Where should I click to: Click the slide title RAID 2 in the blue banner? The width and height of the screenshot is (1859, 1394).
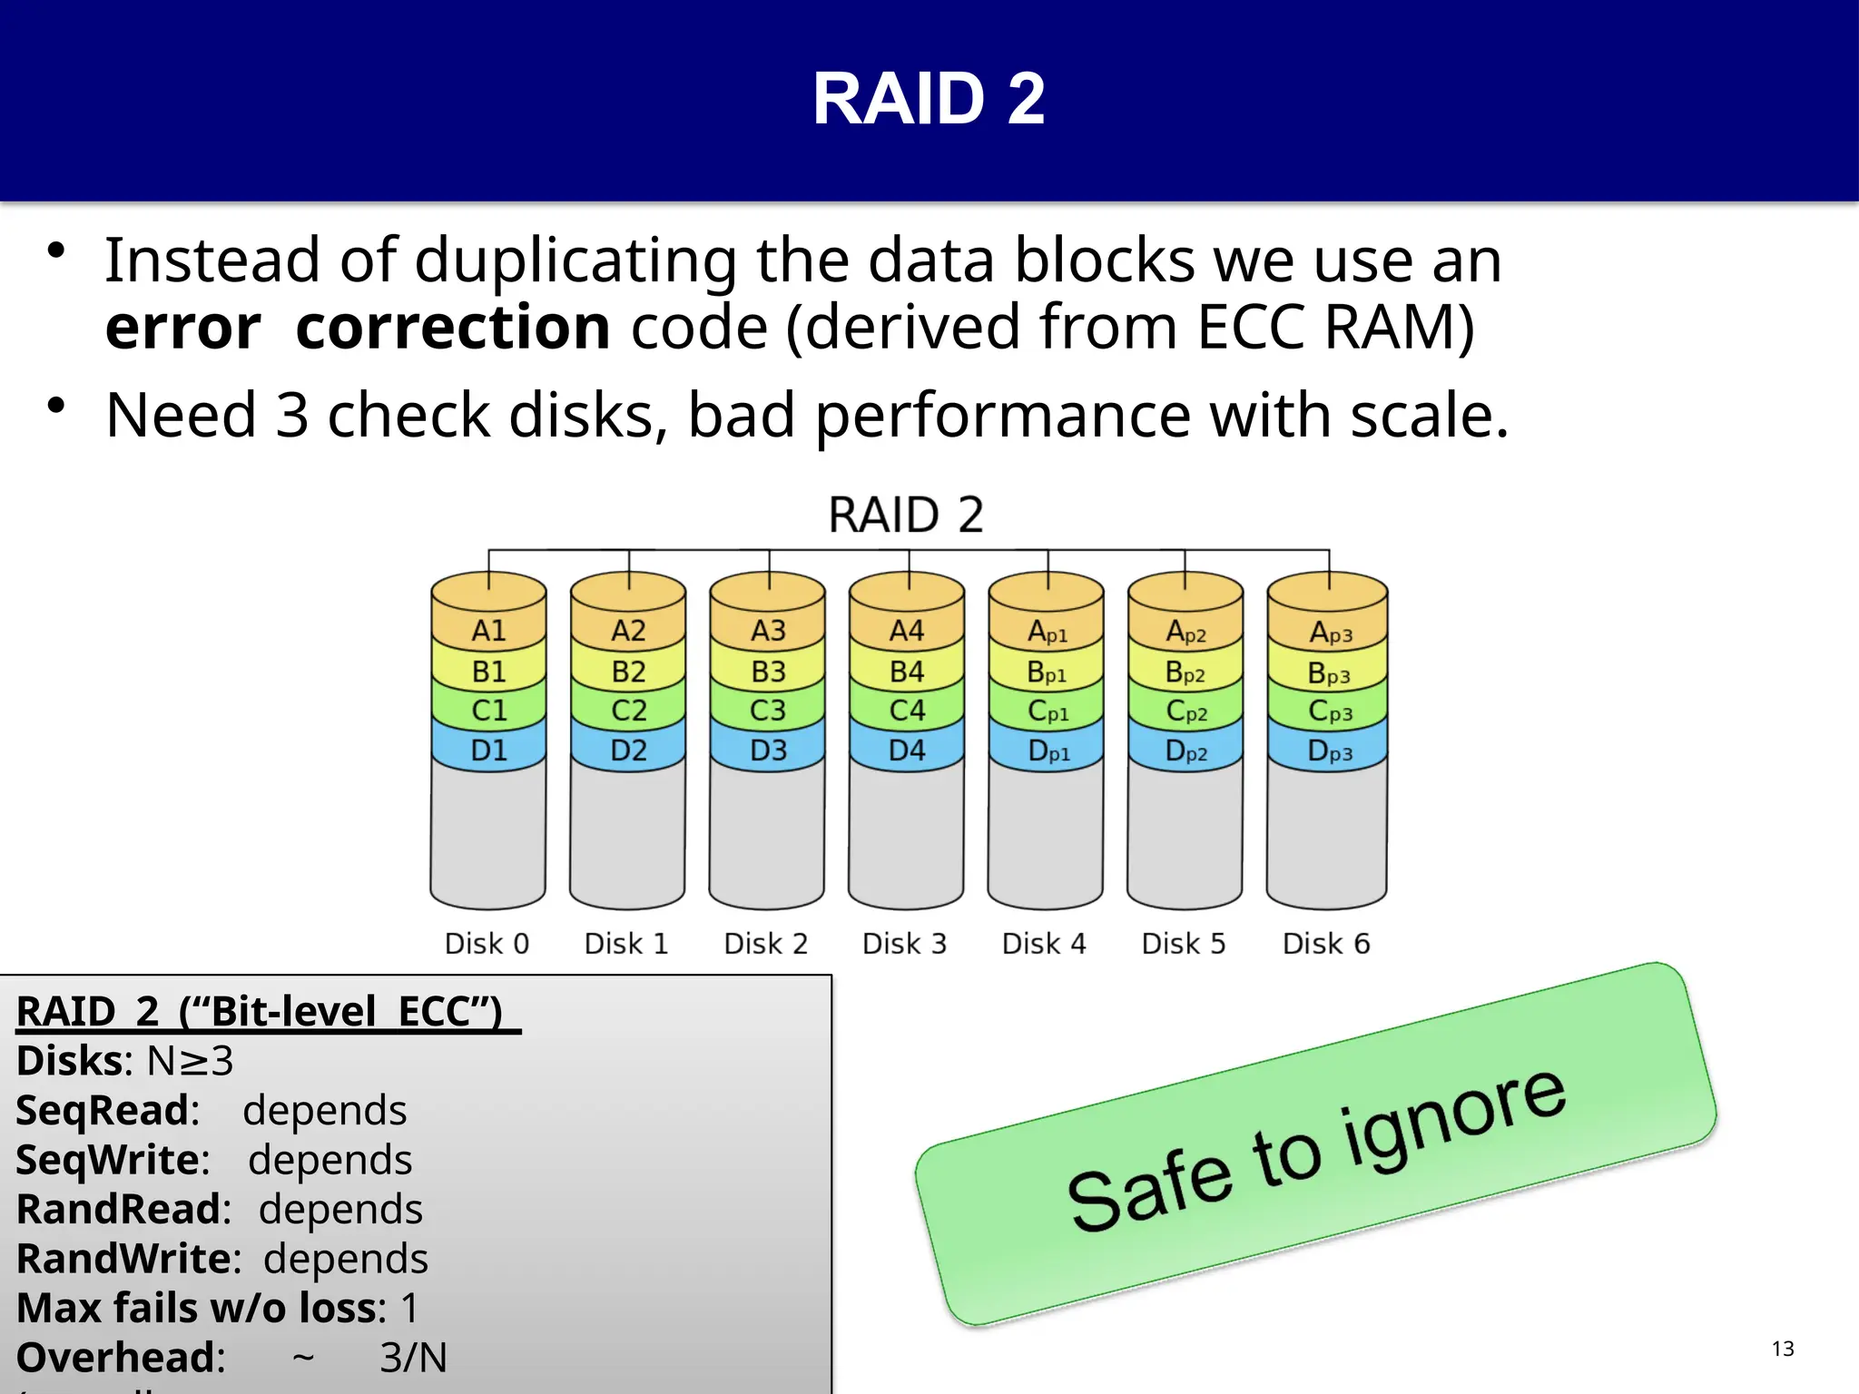[929, 99]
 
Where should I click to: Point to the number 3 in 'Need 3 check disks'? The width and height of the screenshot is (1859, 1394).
[292, 416]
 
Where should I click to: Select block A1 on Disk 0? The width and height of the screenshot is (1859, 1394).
[488, 631]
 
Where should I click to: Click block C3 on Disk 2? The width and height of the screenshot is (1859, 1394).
[768, 711]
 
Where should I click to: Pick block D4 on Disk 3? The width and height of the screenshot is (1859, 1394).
[907, 751]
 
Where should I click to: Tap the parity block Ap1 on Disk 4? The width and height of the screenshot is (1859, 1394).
[1047, 633]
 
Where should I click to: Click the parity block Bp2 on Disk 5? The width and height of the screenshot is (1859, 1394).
[1185, 673]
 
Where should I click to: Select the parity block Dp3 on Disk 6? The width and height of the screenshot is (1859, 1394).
[1329, 751]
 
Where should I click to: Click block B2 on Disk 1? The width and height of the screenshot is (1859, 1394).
[628, 672]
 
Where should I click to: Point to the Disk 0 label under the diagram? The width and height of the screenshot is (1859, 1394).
[487, 944]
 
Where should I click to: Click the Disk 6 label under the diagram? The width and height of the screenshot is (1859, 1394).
[1325, 944]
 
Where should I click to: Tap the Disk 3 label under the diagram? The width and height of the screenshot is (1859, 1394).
[904, 944]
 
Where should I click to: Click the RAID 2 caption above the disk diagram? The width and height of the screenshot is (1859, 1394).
[906, 515]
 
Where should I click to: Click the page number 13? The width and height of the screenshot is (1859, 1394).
[1783, 1349]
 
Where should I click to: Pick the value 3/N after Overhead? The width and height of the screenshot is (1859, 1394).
[413, 1358]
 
